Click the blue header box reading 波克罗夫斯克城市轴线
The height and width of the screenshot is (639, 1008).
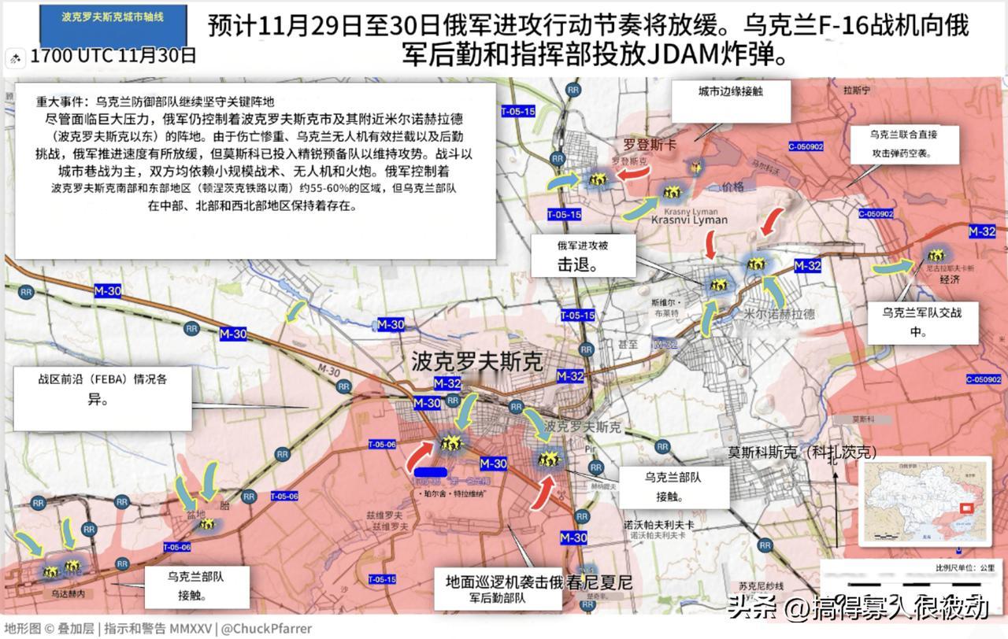(x=113, y=17)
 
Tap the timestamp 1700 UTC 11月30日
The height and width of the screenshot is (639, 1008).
(x=113, y=57)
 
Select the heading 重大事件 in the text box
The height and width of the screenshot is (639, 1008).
(x=62, y=102)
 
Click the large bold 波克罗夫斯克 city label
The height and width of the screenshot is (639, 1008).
(x=476, y=361)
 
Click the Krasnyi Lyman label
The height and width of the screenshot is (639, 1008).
(x=689, y=220)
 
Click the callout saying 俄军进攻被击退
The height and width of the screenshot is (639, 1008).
(x=582, y=255)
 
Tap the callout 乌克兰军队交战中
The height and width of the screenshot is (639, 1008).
(x=921, y=321)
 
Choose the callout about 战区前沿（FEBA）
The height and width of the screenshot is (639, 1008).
(x=102, y=389)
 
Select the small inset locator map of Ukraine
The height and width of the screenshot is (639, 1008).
(x=925, y=500)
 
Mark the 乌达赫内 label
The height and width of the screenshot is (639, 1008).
(x=67, y=593)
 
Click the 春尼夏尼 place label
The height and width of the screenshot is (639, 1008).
(x=602, y=583)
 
